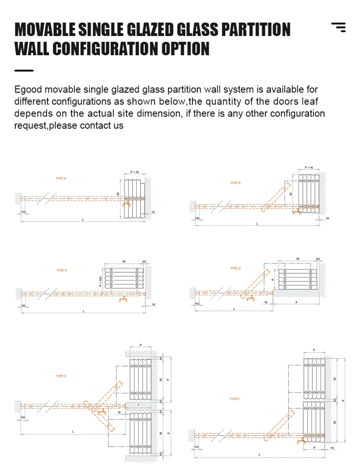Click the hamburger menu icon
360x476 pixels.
(x=338, y=27)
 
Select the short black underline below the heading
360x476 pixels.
(x=24, y=71)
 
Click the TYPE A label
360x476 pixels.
(x=60, y=178)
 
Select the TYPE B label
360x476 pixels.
(x=235, y=183)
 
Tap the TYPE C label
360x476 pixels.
(x=61, y=270)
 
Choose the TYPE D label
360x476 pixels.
(x=235, y=269)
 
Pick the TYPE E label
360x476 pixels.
(x=60, y=376)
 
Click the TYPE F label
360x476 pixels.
(x=234, y=399)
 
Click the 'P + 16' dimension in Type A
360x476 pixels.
(x=135, y=171)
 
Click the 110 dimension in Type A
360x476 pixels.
(x=23, y=212)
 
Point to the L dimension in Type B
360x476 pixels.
(x=257, y=224)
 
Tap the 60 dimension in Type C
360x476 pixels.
(x=144, y=262)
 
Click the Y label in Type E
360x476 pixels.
(x=138, y=405)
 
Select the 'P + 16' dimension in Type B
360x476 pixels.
(x=309, y=168)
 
